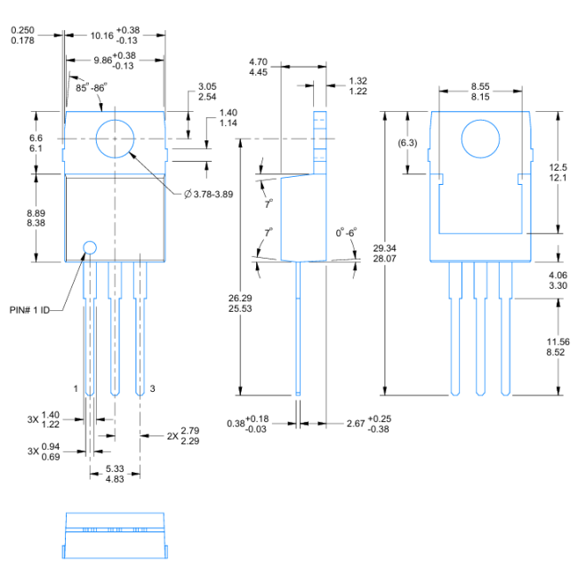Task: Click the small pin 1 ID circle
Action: coord(90,247)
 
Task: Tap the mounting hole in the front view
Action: coord(115,139)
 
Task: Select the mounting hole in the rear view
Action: coord(481,140)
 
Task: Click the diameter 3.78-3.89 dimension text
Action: coord(208,194)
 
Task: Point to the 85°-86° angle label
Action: coord(91,88)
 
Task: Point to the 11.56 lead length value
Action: coord(558,342)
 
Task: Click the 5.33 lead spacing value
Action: coord(115,468)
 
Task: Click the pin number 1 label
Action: coord(76,389)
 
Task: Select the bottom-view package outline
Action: coord(115,534)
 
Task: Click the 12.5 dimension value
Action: coord(558,167)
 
